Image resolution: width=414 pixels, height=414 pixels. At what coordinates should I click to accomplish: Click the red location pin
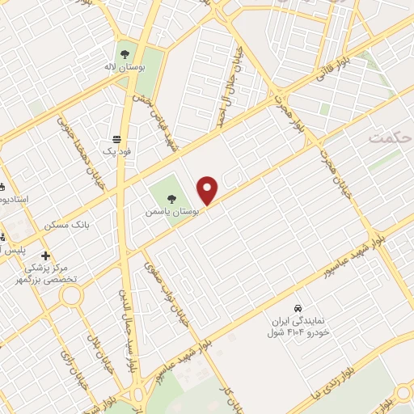click(x=208, y=190)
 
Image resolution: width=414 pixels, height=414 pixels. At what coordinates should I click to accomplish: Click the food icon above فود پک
click(x=118, y=139)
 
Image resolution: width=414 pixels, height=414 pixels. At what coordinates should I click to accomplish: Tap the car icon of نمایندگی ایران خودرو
click(x=298, y=309)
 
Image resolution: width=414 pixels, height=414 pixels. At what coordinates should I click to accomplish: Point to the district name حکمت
click(x=390, y=138)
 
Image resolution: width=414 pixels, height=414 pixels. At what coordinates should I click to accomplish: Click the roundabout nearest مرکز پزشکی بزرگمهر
click(x=70, y=295)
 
